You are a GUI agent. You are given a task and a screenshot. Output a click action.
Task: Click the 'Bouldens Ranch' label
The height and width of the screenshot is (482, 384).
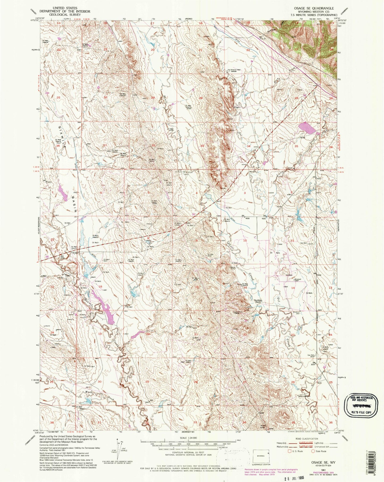click(x=259, y=301)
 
